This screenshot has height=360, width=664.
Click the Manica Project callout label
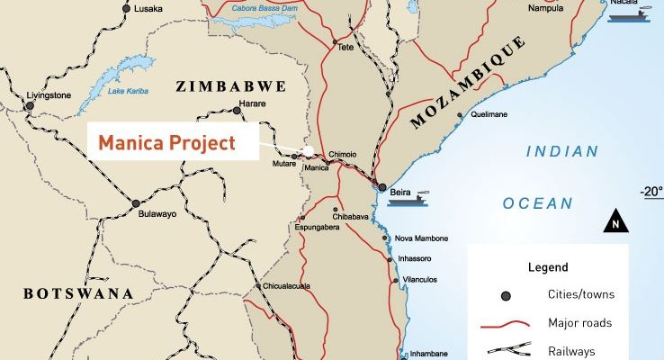pyautogui.click(x=166, y=142)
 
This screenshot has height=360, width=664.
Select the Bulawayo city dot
pyautogui.click(x=136, y=203)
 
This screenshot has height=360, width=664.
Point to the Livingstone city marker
pyautogui.click(x=29, y=105)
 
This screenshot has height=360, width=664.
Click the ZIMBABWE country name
pyautogui.click(x=230, y=86)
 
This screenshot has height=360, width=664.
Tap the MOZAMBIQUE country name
pyautogui.click(x=468, y=82)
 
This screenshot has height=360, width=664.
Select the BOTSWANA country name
pyautogui.click(x=77, y=294)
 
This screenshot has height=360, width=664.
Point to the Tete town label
pyautogui.click(x=345, y=49)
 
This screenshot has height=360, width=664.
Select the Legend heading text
pyautogui.click(x=547, y=267)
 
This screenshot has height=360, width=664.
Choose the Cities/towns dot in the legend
pyautogui.click(x=506, y=295)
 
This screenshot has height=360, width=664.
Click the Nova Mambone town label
pyautogui.click(x=421, y=238)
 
